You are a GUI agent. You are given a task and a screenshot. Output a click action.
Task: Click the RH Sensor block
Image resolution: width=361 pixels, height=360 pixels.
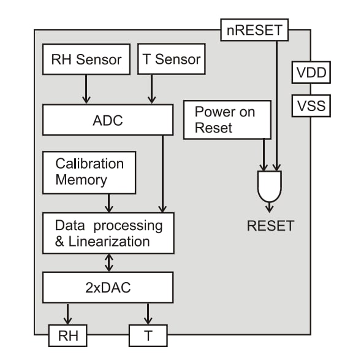[86, 60]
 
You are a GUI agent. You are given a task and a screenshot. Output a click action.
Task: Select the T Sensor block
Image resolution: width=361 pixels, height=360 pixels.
[171, 59]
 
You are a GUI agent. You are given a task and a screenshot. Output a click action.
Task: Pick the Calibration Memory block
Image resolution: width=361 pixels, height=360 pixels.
[89, 172]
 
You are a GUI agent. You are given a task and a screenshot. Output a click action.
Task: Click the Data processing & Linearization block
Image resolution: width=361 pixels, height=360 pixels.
[108, 233]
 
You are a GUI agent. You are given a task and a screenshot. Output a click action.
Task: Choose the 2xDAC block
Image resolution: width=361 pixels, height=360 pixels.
[108, 285]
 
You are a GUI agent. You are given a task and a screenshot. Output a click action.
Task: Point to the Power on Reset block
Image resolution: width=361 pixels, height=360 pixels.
[226, 120]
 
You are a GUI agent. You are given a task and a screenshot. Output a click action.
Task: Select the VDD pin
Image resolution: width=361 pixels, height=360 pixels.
[311, 74]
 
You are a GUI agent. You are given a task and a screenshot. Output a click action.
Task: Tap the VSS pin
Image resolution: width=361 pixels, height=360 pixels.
[311, 107]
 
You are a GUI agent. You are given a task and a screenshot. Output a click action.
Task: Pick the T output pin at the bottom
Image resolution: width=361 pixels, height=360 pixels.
[147, 335]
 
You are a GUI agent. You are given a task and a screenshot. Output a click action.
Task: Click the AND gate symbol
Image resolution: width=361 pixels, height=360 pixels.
[270, 186]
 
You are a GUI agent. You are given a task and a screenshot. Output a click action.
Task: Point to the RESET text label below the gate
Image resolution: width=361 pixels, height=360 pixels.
[270, 226]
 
